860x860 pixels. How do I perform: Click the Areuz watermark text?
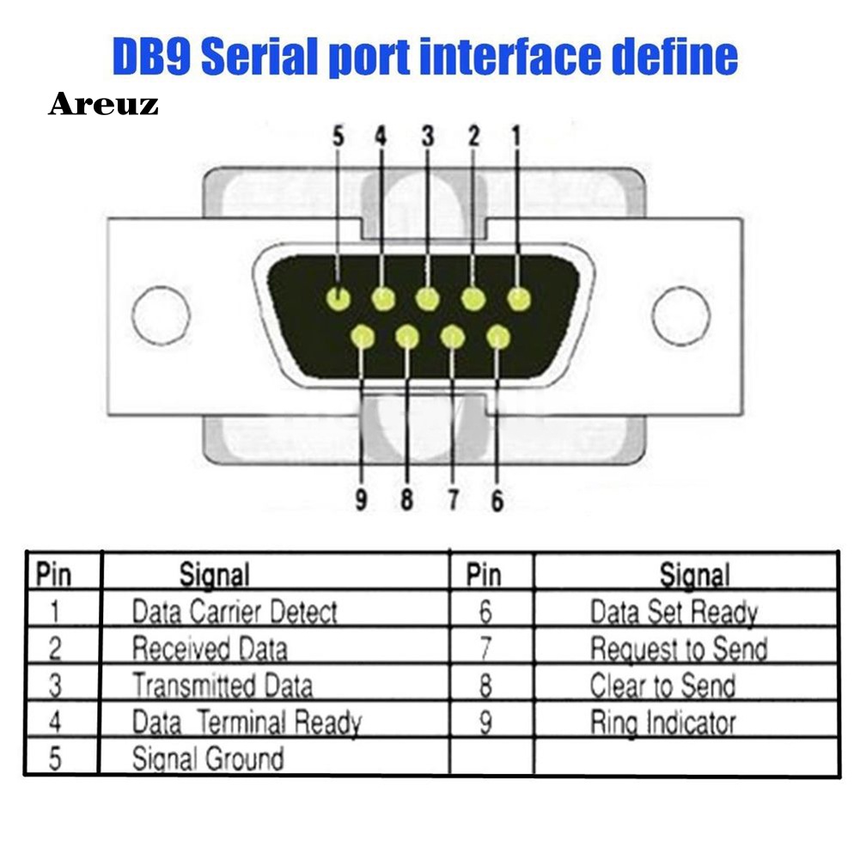point(103,105)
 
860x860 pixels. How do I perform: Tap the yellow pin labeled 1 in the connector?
point(518,298)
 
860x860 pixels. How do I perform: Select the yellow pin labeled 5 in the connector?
point(339,298)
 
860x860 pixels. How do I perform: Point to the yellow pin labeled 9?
point(363,337)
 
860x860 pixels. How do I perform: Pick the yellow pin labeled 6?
point(497,337)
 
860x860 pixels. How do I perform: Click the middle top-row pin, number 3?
point(427,298)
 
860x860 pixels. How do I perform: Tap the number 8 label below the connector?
point(407,500)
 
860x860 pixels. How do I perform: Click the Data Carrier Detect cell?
point(234,612)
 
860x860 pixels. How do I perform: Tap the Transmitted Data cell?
point(222,686)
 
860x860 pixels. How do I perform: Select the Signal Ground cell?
point(207,759)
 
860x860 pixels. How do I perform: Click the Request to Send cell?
point(678,649)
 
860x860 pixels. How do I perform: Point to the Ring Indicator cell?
point(662,723)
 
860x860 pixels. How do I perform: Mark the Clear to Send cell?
point(662,686)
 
